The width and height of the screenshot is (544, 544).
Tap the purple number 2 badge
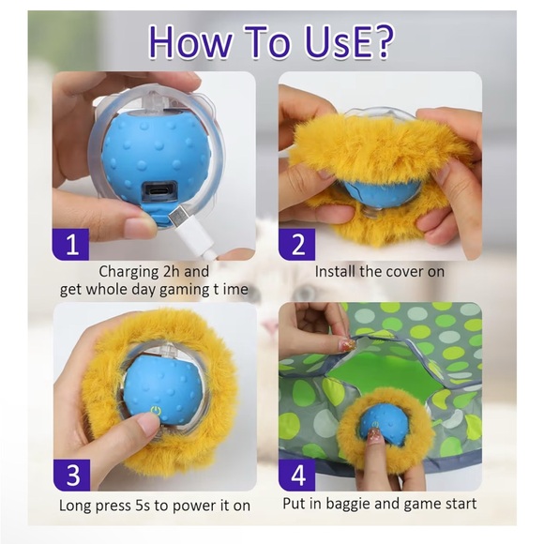click(298, 244)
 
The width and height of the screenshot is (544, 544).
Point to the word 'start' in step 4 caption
click(459, 504)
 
